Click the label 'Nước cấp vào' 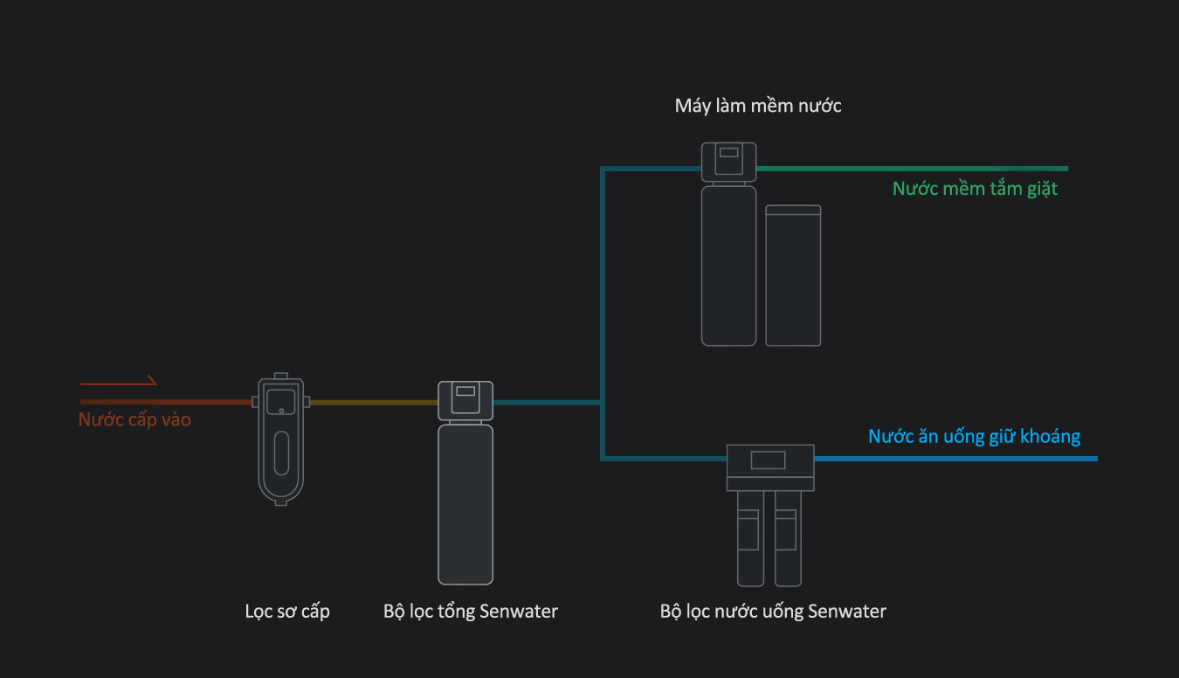[x=134, y=420]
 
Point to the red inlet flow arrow [x=118, y=382]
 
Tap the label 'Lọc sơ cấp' [x=287, y=612]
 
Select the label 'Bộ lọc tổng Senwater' [x=470, y=612]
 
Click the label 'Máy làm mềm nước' [x=758, y=107]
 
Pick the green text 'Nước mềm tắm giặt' [x=975, y=189]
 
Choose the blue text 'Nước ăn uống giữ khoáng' [x=974, y=436]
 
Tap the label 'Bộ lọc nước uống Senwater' [x=773, y=612]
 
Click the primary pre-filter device [x=280, y=441]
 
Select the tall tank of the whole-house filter [x=465, y=502]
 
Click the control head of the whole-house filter [x=465, y=399]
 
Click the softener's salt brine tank [x=793, y=275]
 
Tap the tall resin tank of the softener [x=728, y=266]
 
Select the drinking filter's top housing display [x=769, y=460]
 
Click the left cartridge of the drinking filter [x=748, y=537]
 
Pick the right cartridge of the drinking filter [x=787, y=537]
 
